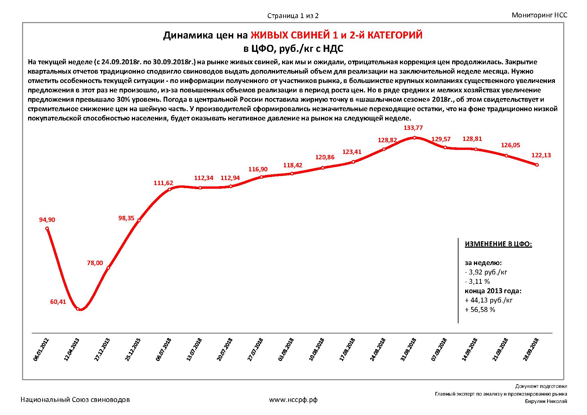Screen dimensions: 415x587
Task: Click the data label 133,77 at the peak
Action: tap(414, 128)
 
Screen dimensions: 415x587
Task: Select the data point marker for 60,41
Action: tap(78, 309)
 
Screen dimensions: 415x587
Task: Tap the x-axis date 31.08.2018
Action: tap(408, 349)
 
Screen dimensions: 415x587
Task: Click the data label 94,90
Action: tap(47, 220)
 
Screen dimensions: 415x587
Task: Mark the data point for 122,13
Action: tap(537, 165)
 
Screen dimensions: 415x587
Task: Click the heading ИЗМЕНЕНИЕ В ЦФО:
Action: tap(498, 244)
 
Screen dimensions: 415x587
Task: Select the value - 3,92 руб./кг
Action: tap(486, 272)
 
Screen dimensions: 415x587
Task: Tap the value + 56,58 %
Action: tap(480, 310)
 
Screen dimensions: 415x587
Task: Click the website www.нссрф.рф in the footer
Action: tap(293, 400)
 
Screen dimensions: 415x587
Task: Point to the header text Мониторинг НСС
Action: tap(539, 15)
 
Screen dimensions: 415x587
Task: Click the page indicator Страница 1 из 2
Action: tap(293, 16)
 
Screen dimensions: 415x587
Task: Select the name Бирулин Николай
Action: tap(546, 402)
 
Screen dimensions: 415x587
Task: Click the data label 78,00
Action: tap(95, 263)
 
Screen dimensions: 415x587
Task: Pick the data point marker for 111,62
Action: tap(170, 189)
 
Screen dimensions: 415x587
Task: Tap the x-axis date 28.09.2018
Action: tap(531, 349)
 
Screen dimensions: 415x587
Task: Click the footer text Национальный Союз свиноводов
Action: tap(75, 400)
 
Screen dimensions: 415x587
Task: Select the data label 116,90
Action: tap(258, 169)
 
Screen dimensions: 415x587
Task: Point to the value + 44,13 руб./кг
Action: tap(489, 300)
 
